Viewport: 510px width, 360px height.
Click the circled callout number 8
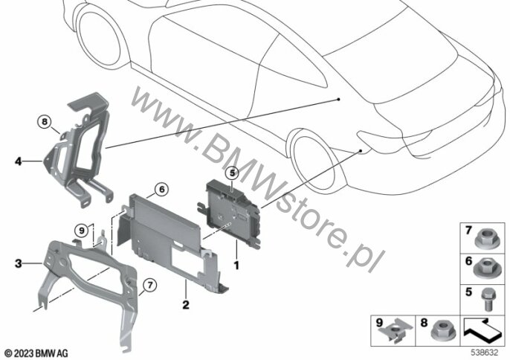(x=45, y=123)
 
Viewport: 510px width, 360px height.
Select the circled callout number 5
(x=232, y=173)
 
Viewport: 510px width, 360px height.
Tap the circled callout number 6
(x=161, y=189)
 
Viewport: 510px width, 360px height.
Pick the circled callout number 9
(x=81, y=231)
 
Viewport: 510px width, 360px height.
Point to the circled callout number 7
(x=150, y=286)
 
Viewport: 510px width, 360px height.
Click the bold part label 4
(x=18, y=161)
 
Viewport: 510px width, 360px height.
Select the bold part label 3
(x=18, y=263)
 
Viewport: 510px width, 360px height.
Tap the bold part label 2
(x=185, y=305)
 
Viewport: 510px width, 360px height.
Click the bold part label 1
(x=236, y=266)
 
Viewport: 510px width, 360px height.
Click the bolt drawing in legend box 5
(x=486, y=300)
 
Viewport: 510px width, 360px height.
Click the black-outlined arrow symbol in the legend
(x=482, y=330)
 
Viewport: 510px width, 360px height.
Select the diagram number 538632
(x=485, y=353)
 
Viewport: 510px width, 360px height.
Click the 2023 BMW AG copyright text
(x=36, y=353)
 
